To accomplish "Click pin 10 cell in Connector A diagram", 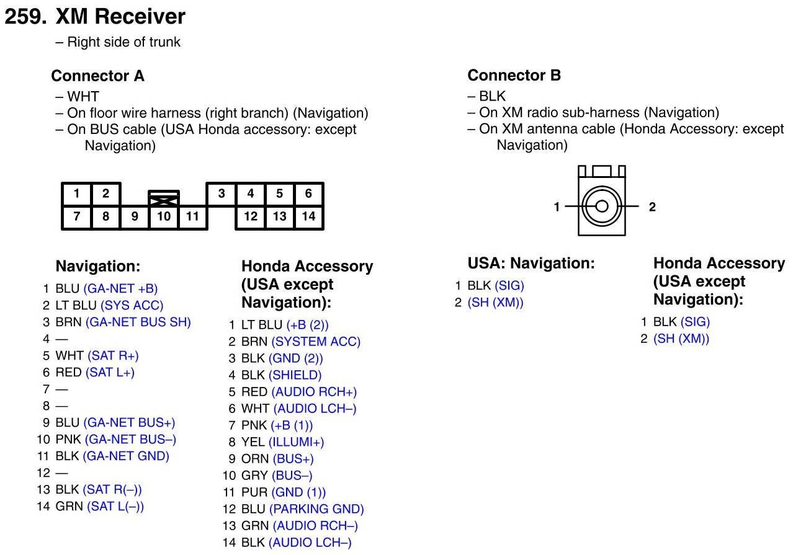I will pos(164,216).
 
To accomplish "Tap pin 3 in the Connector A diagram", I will pos(221,193).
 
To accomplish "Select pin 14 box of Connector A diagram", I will pos(308,216).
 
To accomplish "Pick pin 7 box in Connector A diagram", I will pos(76,216).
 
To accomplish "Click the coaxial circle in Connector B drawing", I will pos(601,206).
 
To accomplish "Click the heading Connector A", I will pos(97,76).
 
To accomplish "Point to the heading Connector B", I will pos(514,76).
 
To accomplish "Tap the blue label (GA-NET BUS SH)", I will pos(138,322).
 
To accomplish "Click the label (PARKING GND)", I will pos(316,509).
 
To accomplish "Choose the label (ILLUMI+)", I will pos(297,442).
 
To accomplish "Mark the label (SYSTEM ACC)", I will pos(316,342).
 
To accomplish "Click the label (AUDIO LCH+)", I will pos(314,409).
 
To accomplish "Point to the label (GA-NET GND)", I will pos(126,456).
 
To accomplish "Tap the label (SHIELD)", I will pos(295,375).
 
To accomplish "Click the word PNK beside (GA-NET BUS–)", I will pos(68,439).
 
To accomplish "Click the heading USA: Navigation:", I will pos(531,264).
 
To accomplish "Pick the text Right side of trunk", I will pos(123,42).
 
